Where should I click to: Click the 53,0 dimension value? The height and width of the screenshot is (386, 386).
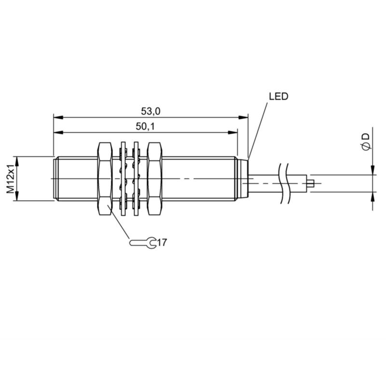tap(151, 111)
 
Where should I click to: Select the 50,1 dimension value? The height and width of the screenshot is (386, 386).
tap(145, 126)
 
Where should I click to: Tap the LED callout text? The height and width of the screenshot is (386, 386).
tap(278, 96)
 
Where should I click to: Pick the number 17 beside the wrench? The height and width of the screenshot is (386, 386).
tap(162, 243)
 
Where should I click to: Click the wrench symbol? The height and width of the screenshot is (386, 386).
tap(143, 243)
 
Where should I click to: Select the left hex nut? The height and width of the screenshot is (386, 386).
tap(105, 179)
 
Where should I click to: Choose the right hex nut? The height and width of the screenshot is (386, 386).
tap(154, 179)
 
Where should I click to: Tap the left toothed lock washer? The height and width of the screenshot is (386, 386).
tap(124, 179)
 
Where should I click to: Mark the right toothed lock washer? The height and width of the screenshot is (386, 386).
tap(136, 179)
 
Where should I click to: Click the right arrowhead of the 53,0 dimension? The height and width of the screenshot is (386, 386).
tap(243, 117)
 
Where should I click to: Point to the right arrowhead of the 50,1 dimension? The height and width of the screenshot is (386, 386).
tap(233, 132)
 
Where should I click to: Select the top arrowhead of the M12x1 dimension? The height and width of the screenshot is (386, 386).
tap(17, 161)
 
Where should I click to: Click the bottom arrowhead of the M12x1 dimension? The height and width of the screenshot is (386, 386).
tap(17, 196)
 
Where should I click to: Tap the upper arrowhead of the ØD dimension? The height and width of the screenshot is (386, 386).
tap(372, 170)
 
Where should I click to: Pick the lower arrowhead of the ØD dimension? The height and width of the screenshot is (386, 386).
tap(372, 197)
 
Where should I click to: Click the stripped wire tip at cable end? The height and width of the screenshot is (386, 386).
tap(310, 183)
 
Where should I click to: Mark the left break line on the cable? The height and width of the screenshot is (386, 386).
tap(281, 183)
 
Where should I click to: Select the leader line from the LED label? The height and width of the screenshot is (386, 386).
tap(258, 131)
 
